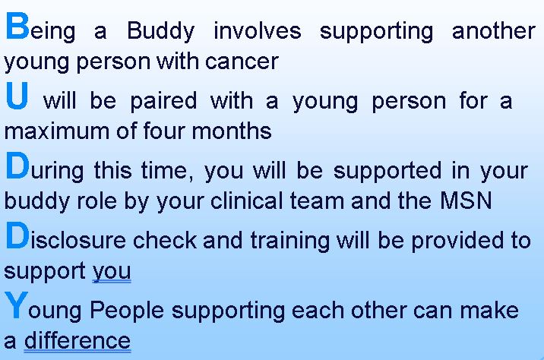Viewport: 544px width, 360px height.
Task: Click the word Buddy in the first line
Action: (160, 32)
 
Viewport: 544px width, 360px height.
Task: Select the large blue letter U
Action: (18, 96)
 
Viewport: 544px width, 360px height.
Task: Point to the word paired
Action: (163, 101)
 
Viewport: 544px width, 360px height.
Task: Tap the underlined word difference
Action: (77, 340)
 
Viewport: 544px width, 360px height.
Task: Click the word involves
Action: (257, 32)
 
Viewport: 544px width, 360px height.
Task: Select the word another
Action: (493, 32)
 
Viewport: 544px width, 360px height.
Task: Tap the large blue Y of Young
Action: (17, 305)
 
